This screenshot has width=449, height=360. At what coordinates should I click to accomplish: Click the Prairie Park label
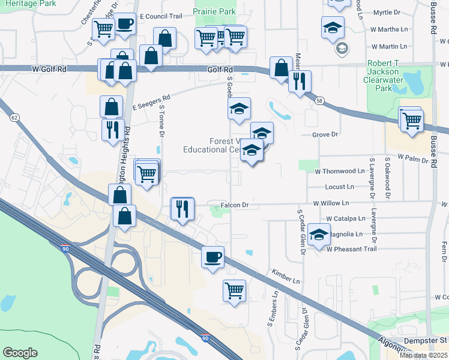coord(215,11)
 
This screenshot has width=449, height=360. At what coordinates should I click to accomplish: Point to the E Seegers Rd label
coord(151,101)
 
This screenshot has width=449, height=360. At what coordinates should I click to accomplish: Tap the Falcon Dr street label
coord(234,205)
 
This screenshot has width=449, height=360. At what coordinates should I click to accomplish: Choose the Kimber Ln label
coord(286,277)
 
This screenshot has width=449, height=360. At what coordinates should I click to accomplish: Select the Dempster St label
coord(426,340)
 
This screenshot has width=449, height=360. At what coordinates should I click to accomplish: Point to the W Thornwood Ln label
coord(340,171)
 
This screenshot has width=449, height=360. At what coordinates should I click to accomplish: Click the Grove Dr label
coord(326,134)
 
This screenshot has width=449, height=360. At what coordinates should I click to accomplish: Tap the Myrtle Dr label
coord(387,12)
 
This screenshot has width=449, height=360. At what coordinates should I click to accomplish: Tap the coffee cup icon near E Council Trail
coord(124,25)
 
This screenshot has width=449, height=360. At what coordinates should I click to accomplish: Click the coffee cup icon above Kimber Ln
coord(212,257)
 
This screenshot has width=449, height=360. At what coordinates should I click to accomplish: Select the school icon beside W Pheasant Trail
coord(319,233)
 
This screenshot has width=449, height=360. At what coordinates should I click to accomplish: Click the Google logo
coord(20,353)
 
